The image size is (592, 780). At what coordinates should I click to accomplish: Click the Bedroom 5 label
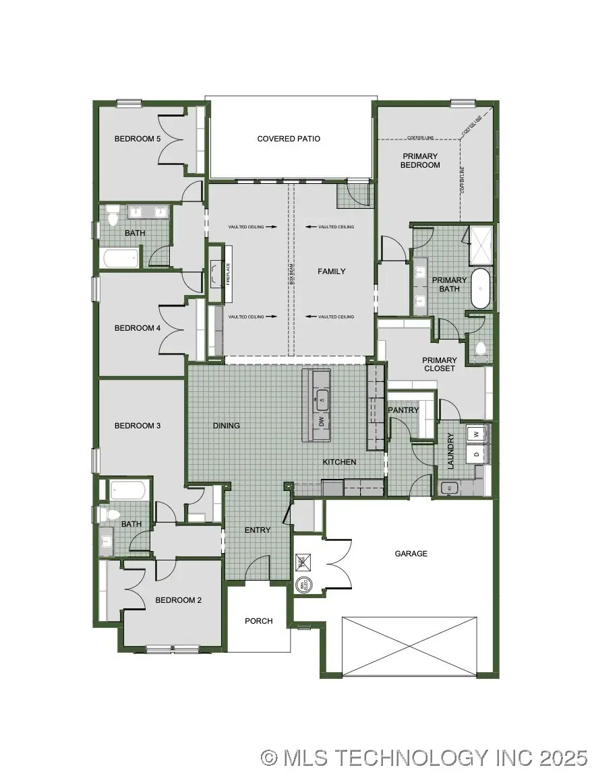137,139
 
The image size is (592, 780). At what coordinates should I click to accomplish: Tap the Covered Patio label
289,139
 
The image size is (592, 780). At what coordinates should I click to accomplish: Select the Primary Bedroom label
419,160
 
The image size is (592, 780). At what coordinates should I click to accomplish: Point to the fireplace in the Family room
216,273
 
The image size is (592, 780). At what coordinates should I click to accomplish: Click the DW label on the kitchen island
322,422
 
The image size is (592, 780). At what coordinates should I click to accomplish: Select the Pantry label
403,410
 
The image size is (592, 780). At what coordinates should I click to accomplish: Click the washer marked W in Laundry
477,434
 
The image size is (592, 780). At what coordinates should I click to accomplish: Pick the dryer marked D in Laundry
477,455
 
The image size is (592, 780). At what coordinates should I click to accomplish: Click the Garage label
411,554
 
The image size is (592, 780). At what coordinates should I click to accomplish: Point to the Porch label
258,621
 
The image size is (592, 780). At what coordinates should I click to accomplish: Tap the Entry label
257,530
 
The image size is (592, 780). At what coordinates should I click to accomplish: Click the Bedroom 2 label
178,600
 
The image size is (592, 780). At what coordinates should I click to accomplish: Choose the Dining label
226,426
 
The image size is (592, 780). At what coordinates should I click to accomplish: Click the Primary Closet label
439,364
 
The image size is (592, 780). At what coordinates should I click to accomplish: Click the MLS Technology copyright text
425,758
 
